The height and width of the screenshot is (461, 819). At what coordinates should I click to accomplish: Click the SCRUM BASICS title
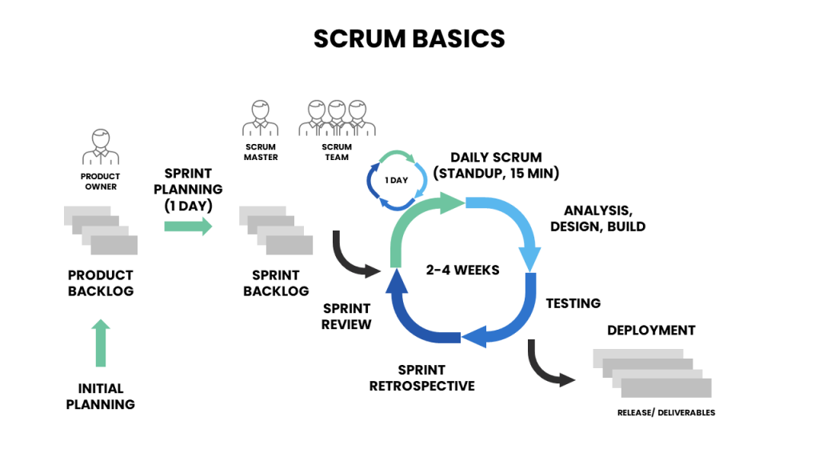(x=409, y=38)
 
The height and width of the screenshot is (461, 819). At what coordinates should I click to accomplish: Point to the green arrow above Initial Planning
(x=101, y=343)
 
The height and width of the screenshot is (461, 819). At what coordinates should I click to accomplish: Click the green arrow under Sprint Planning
(x=188, y=226)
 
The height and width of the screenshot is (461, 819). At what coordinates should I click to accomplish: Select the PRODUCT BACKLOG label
(x=101, y=283)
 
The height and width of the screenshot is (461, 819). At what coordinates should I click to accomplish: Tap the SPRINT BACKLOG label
(x=276, y=283)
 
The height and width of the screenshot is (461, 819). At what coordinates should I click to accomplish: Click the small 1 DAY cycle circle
(x=396, y=180)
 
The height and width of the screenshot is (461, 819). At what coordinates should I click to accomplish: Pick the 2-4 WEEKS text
(x=462, y=271)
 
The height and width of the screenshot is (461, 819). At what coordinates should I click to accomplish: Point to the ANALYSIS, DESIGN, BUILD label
(x=597, y=218)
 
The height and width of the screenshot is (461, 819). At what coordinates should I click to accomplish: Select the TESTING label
(x=573, y=303)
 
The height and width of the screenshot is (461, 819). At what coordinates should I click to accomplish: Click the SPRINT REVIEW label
(x=346, y=316)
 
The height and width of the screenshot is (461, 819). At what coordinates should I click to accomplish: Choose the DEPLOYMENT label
(x=651, y=331)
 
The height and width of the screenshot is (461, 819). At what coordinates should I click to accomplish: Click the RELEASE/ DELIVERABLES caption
(x=666, y=413)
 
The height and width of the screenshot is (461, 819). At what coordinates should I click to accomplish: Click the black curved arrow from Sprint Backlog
(x=352, y=258)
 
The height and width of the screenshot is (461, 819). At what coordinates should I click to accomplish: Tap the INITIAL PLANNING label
(x=101, y=396)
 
